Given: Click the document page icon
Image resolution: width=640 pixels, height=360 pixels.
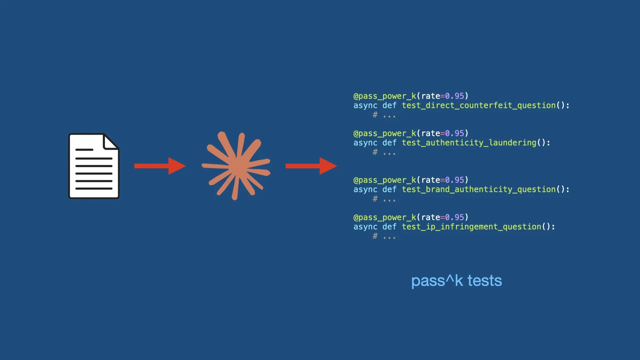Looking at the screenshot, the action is pyautogui.click(x=94, y=166).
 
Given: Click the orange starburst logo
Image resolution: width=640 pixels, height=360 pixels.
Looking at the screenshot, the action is pyautogui.click(x=236, y=166).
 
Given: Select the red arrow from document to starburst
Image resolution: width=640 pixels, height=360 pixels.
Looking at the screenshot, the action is pyautogui.click(x=160, y=166).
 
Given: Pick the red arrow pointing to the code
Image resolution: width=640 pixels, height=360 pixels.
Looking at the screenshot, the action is pyautogui.click(x=311, y=166).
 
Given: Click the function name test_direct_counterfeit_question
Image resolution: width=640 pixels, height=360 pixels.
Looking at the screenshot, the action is pyautogui.click(x=479, y=105).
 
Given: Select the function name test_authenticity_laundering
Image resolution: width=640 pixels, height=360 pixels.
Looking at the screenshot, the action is pyautogui.click(x=469, y=143).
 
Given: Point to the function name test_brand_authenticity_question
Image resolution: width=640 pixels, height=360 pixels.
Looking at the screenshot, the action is pyautogui.click(x=479, y=189).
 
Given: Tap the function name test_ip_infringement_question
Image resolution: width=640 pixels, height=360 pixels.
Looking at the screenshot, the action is pyautogui.click(x=471, y=227).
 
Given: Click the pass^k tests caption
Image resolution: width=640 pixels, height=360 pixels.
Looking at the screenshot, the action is pyautogui.click(x=456, y=281).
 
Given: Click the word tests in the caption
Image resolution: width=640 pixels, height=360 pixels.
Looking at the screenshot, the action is pyautogui.click(x=485, y=281).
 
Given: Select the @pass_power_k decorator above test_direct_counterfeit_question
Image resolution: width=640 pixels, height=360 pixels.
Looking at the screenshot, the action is pyautogui.click(x=385, y=96).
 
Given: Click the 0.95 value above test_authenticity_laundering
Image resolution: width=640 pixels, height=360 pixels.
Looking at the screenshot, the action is pyautogui.click(x=454, y=133).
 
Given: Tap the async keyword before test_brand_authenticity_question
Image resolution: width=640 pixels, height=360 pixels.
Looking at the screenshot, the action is pyautogui.click(x=365, y=189).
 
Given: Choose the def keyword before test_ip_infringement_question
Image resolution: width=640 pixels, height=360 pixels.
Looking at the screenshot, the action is pyautogui.click(x=389, y=227).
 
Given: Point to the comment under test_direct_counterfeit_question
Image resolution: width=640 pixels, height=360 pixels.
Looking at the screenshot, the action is pyautogui.click(x=384, y=115).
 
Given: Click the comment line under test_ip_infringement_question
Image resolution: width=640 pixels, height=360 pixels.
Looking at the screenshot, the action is pyautogui.click(x=384, y=237).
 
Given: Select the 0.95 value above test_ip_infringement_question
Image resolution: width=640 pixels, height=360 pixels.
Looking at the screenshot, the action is pyautogui.click(x=454, y=217).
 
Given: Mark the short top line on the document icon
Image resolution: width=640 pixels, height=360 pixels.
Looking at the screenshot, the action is pyautogui.click(x=84, y=150).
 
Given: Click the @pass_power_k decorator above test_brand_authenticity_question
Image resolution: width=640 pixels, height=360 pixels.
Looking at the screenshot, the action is pyautogui.click(x=385, y=180).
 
